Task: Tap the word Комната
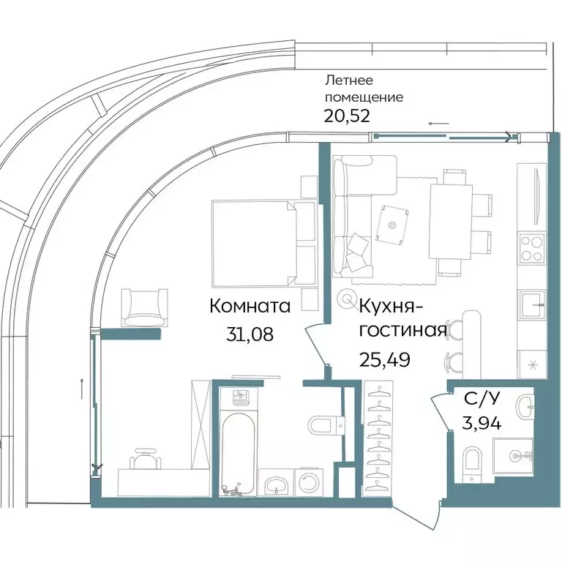click(x=250, y=306)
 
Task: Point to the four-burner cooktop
click(x=531, y=247)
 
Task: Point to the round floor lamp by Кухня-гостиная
click(x=346, y=299)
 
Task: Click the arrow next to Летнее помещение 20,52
click(x=438, y=124)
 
